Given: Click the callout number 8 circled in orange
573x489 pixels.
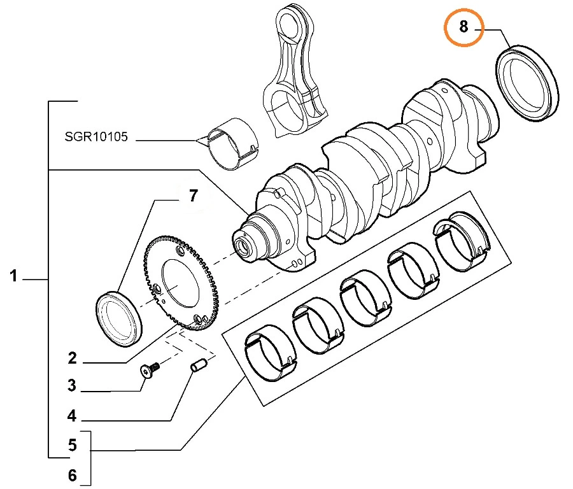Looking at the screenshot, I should (x=463, y=27).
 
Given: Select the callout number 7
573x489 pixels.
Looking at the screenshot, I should (x=194, y=195).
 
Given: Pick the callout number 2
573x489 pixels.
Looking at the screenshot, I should (x=72, y=358).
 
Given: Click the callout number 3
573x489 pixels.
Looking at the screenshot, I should (x=72, y=385).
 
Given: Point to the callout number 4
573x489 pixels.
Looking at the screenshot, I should (x=72, y=416).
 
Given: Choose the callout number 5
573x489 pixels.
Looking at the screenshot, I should (x=72, y=445).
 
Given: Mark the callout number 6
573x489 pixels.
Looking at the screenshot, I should (x=72, y=474).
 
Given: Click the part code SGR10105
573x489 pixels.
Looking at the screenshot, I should (x=96, y=136).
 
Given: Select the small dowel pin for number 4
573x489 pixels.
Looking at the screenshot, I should (x=198, y=367).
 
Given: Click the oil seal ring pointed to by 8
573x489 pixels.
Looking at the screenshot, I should (x=527, y=82).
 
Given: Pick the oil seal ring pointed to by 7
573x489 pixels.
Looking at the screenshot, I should (x=120, y=319).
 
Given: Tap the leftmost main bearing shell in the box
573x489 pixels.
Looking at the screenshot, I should (x=269, y=357).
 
